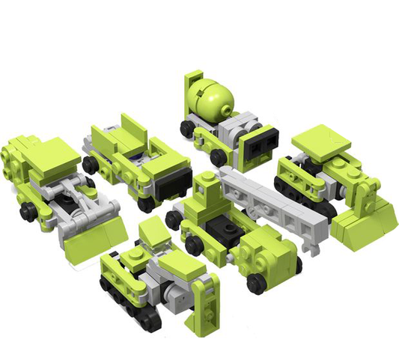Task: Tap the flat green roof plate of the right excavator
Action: point(322,142)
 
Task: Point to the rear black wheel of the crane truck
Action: point(174,219)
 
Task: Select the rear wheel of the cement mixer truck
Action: point(186,128)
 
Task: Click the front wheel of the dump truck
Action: point(147,202)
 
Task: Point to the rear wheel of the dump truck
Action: point(91,165)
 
